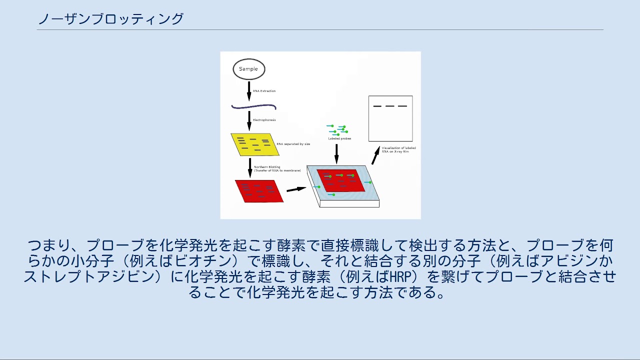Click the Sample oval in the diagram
click(x=248, y=69)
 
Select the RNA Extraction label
click(x=264, y=91)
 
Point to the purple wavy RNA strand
click(x=253, y=106)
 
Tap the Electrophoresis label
click(x=264, y=120)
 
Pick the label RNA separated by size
click(x=293, y=144)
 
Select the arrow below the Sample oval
click(x=249, y=90)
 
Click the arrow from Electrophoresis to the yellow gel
click(x=249, y=120)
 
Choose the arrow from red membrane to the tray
click(x=296, y=189)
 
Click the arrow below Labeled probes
click(x=336, y=153)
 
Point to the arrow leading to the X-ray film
click(x=375, y=155)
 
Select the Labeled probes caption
click(x=339, y=138)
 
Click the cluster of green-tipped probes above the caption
click(x=337, y=129)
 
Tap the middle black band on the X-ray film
click(x=390, y=106)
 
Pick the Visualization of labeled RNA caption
click(x=398, y=149)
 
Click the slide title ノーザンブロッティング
click(x=111, y=19)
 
